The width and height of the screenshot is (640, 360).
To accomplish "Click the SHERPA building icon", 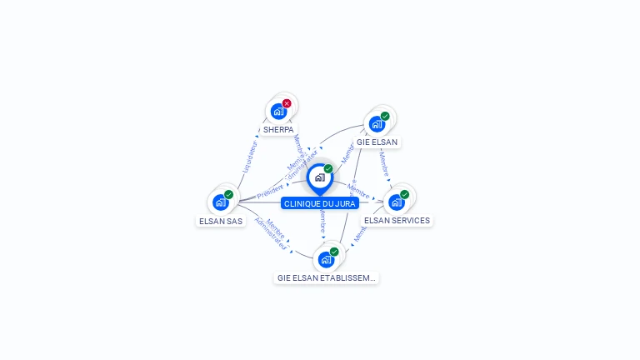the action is (x=278, y=111).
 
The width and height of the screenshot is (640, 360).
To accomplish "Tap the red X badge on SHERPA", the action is (x=287, y=103).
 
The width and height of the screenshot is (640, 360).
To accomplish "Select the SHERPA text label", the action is (x=278, y=130).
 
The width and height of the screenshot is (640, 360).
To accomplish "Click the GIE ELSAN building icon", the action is (x=377, y=124).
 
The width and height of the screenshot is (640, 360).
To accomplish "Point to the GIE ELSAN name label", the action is (x=377, y=142).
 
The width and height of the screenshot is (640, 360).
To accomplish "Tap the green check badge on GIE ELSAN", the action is (x=385, y=117).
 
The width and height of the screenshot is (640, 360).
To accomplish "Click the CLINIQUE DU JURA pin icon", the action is (x=319, y=177).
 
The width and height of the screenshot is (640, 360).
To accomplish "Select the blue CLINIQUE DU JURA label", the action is (x=320, y=203).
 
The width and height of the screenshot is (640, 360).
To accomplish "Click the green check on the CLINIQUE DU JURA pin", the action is (x=328, y=169).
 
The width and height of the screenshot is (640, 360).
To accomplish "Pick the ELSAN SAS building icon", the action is (x=221, y=202).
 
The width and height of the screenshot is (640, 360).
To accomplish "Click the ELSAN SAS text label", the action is (x=221, y=221).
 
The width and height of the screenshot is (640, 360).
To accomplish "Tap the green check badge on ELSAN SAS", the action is (x=228, y=194).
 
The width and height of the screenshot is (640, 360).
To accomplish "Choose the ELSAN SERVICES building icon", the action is (x=397, y=202).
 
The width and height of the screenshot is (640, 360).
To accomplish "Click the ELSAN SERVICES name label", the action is (x=397, y=221).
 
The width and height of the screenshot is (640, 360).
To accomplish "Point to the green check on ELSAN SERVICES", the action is (x=405, y=194).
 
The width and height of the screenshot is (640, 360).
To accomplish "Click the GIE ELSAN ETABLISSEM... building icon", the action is (x=326, y=259).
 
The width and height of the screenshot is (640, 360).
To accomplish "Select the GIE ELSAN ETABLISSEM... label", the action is (x=327, y=277).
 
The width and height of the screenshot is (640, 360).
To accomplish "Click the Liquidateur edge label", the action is (x=249, y=157).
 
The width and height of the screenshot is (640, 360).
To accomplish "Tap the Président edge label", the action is (x=270, y=192).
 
